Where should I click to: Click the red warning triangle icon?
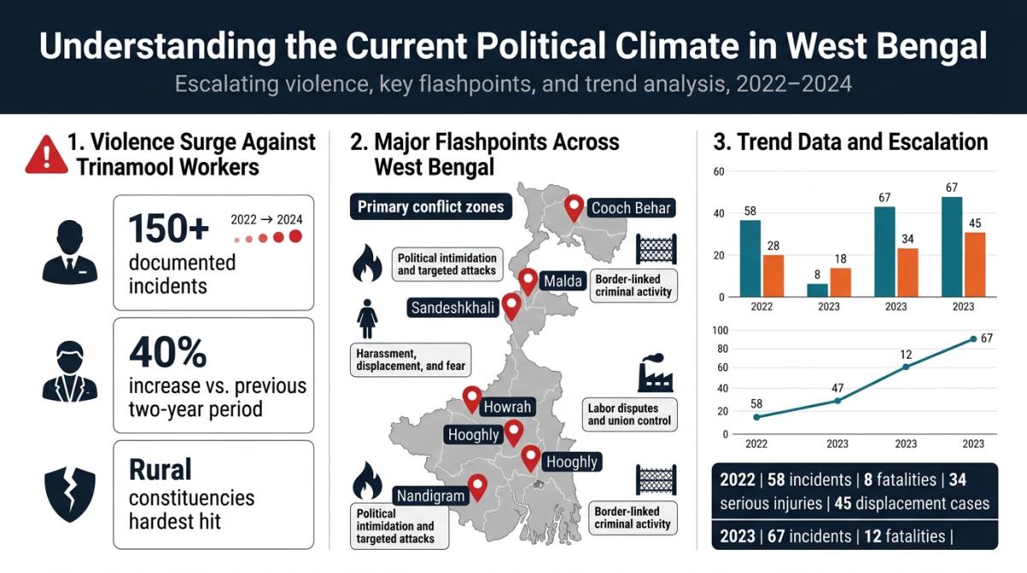tap(46, 155)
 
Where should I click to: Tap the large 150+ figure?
tap(169, 228)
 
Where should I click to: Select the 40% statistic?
tap(168, 352)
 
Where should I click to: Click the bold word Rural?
tap(160, 469)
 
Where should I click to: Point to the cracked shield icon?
tap(69, 494)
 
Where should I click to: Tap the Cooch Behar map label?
tap(631, 208)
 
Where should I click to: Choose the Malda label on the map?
tap(562, 280)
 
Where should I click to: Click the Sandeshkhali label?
tap(453, 307)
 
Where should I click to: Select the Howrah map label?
tap(507, 407)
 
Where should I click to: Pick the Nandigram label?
tap(430, 495)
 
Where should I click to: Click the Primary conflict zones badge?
tap(430, 206)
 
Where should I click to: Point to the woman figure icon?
tap(367, 319)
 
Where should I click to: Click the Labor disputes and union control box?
tap(629, 415)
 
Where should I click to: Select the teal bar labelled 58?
tap(750, 259)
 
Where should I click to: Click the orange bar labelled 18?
tap(840, 283)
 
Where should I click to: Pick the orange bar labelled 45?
tap(975, 265)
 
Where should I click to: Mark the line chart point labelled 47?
tap(838, 401)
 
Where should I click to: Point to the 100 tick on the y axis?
tap(720, 331)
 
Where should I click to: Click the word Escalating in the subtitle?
tap(227, 85)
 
